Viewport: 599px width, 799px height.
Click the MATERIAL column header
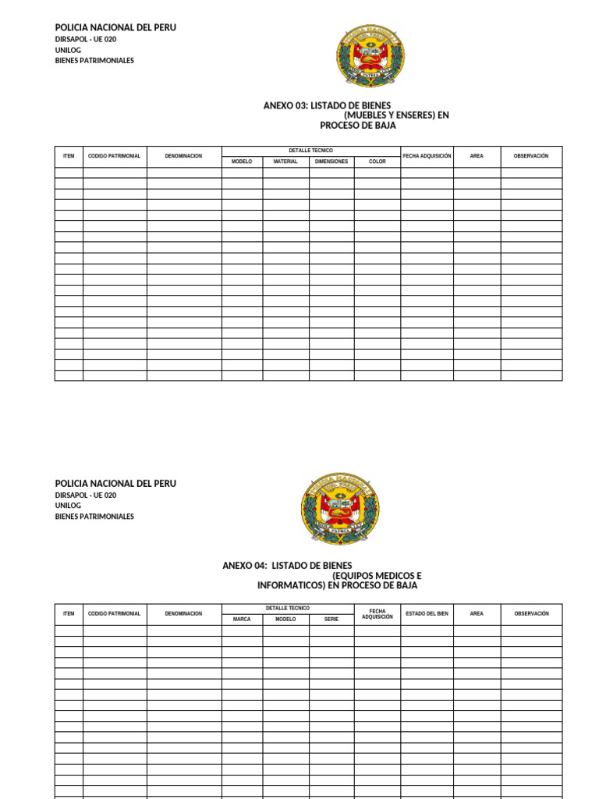click(285, 162)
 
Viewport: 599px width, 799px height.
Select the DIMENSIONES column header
click(331, 162)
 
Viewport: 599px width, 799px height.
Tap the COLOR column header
click(377, 162)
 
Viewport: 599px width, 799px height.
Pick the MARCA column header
click(242, 619)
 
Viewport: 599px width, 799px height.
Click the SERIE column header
click(331, 619)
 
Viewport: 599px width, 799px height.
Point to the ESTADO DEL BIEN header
click(427, 613)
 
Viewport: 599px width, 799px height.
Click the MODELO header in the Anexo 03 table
click(242, 162)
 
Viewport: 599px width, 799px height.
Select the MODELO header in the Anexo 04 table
click(285, 619)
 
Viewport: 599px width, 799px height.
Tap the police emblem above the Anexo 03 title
click(370, 55)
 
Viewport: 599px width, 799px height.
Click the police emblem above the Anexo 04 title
click(339, 509)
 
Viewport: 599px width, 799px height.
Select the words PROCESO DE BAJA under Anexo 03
click(358, 125)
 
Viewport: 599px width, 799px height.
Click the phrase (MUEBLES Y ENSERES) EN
click(396, 115)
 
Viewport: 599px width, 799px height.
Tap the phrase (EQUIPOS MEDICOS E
click(377, 575)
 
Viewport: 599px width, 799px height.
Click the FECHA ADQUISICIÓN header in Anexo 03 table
click(427, 156)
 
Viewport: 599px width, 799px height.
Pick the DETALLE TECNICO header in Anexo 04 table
click(287, 608)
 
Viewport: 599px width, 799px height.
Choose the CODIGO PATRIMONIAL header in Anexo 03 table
click(115, 156)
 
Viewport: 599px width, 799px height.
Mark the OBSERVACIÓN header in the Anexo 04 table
click(531, 613)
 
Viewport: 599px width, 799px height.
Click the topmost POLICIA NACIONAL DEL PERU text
click(115, 27)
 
